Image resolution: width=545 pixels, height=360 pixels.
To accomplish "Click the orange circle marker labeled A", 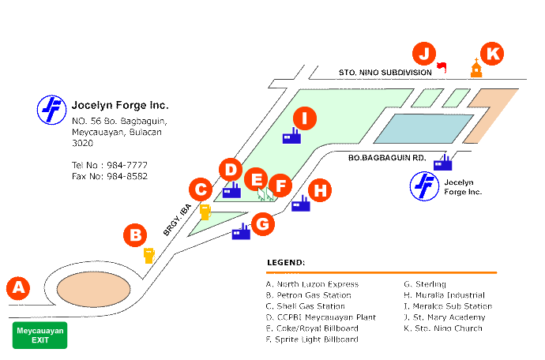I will (18, 288).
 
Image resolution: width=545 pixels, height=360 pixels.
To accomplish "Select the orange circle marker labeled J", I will (424, 54).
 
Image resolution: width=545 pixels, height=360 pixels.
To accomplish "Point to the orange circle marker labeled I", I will (305, 118).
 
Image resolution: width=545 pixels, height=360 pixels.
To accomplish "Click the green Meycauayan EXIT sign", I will (39, 335).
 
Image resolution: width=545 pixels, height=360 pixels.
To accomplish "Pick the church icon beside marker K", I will (476, 69).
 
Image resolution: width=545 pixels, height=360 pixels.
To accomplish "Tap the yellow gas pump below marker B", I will (148, 254).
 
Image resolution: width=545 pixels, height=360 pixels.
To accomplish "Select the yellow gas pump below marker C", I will (205, 212).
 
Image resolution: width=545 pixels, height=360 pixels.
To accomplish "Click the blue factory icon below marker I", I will (291, 137).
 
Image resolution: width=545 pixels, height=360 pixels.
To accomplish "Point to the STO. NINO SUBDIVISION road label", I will (385, 72).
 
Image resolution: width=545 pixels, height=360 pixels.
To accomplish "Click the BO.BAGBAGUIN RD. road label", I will (387, 158).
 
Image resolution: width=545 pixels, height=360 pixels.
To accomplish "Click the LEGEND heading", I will (286, 262).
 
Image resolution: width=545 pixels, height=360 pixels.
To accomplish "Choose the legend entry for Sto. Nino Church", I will (442, 328).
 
